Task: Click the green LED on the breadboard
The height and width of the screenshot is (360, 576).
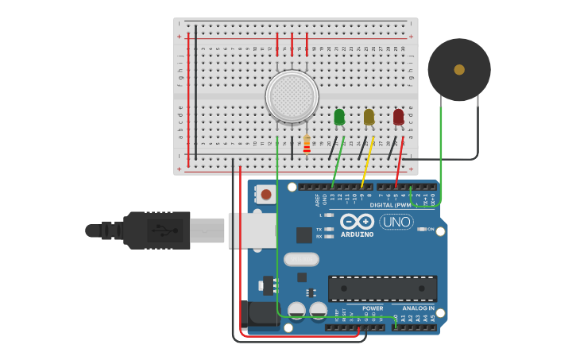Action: [x=339, y=117]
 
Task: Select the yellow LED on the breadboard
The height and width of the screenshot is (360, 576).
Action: [x=369, y=117]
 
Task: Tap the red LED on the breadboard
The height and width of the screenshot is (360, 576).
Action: [x=398, y=117]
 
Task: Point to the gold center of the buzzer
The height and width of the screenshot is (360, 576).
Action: [x=459, y=70]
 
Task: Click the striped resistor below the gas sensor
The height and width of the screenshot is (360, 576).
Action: [x=307, y=145]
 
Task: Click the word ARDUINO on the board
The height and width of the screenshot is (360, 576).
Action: [x=357, y=234]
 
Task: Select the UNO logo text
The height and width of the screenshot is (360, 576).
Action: [x=396, y=222]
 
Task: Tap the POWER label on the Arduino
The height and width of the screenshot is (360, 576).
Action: [x=373, y=308]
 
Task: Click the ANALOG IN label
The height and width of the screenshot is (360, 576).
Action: [x=419, y=308]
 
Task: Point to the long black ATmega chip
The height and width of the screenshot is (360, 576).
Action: [x=382, y=288]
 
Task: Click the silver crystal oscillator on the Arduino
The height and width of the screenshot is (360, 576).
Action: [x=301, y=259]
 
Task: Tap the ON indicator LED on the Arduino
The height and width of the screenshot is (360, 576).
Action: [x=421, y=229]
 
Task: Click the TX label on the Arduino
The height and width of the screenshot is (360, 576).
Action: [x=319, y=228]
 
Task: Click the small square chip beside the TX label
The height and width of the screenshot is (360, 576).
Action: [x=304, y=234]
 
